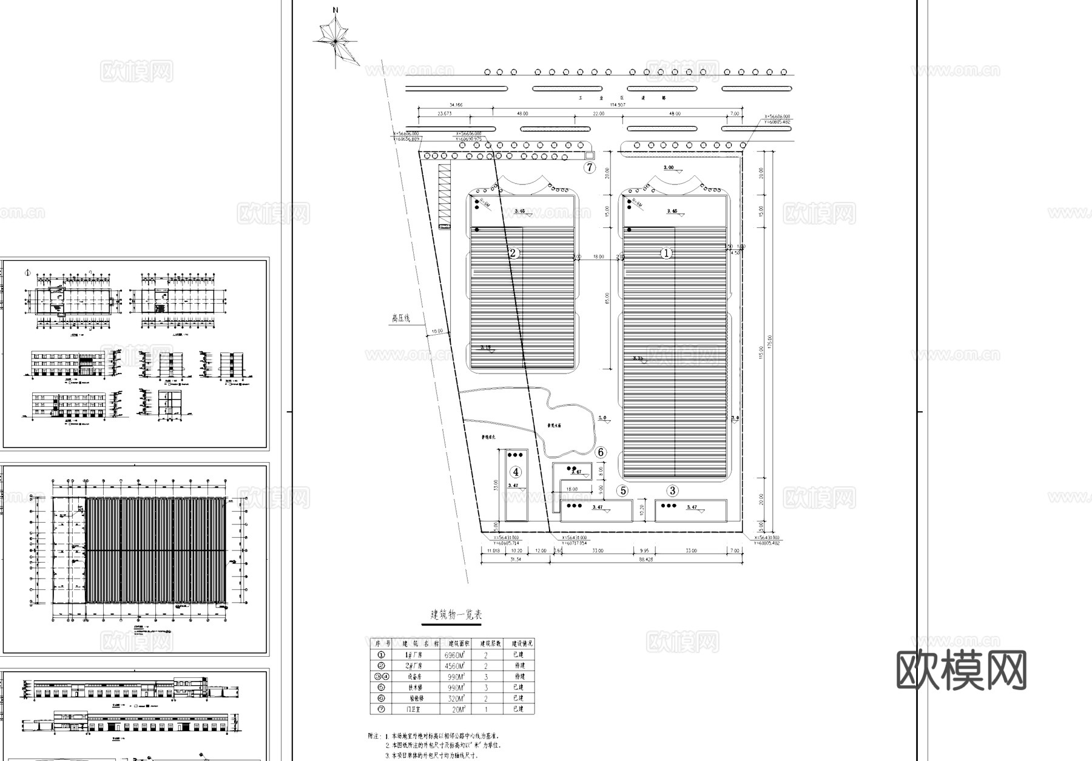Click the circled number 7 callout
(590, 168)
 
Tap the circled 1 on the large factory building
(666, 253)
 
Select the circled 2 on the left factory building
(513, 253)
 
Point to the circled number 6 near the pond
(601, 452)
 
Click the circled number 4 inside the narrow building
(516, 472)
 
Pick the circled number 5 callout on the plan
(623, 491)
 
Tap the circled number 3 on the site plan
(672, 491)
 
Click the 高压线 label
(401, 318)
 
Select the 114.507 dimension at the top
(617, 105)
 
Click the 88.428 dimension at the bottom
(645, 560)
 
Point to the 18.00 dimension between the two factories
(598, 257)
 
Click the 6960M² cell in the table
(455, 655)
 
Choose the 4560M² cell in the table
(455, 666)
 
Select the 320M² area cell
(455, 699)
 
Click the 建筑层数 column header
(490, 644)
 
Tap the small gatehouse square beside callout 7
(590, 155)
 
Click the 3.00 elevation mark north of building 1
(669, 167)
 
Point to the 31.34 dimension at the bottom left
(515, 560)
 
